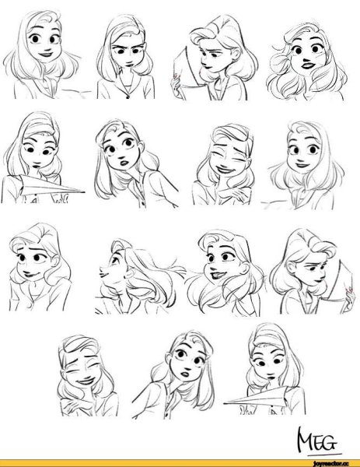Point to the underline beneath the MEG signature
pyautogui.click(x=324, y=455)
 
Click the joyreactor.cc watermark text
pyautogui.click(x=329, y=464)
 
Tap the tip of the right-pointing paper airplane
pyautogui.click(x=84, y=192)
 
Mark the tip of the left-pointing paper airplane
pyautogui.click(x=224, y=402)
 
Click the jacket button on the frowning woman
pyautogui.click(x=128, y=97)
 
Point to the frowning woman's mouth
pyautogui.click(x=128, y=64)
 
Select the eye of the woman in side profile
pyautogui.click(x=113, y=260)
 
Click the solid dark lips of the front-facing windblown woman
pyautogui.click(x=308, y=65)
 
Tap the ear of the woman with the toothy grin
pyautogui.click(x=245, y=268)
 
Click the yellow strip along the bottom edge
pyautogui.click(x=180, y=463)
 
